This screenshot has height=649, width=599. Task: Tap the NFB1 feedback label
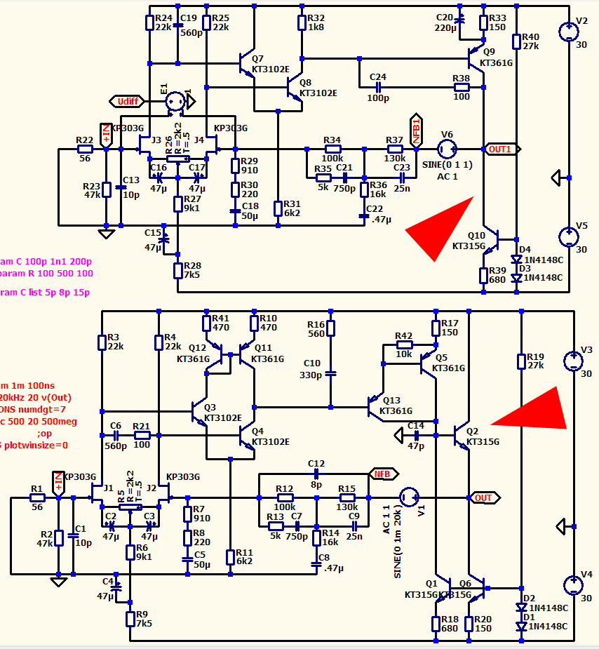416,131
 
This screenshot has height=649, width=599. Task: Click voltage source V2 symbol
572,32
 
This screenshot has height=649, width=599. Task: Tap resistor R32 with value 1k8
302,22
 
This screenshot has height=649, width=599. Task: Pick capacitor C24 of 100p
378,87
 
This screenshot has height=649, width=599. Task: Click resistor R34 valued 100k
332,149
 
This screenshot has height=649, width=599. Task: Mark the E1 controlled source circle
175,102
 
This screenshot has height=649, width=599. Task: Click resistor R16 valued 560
330,328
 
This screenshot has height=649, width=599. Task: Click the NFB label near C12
382,474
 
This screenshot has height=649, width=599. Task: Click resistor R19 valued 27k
521,361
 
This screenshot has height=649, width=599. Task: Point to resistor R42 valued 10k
404,344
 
